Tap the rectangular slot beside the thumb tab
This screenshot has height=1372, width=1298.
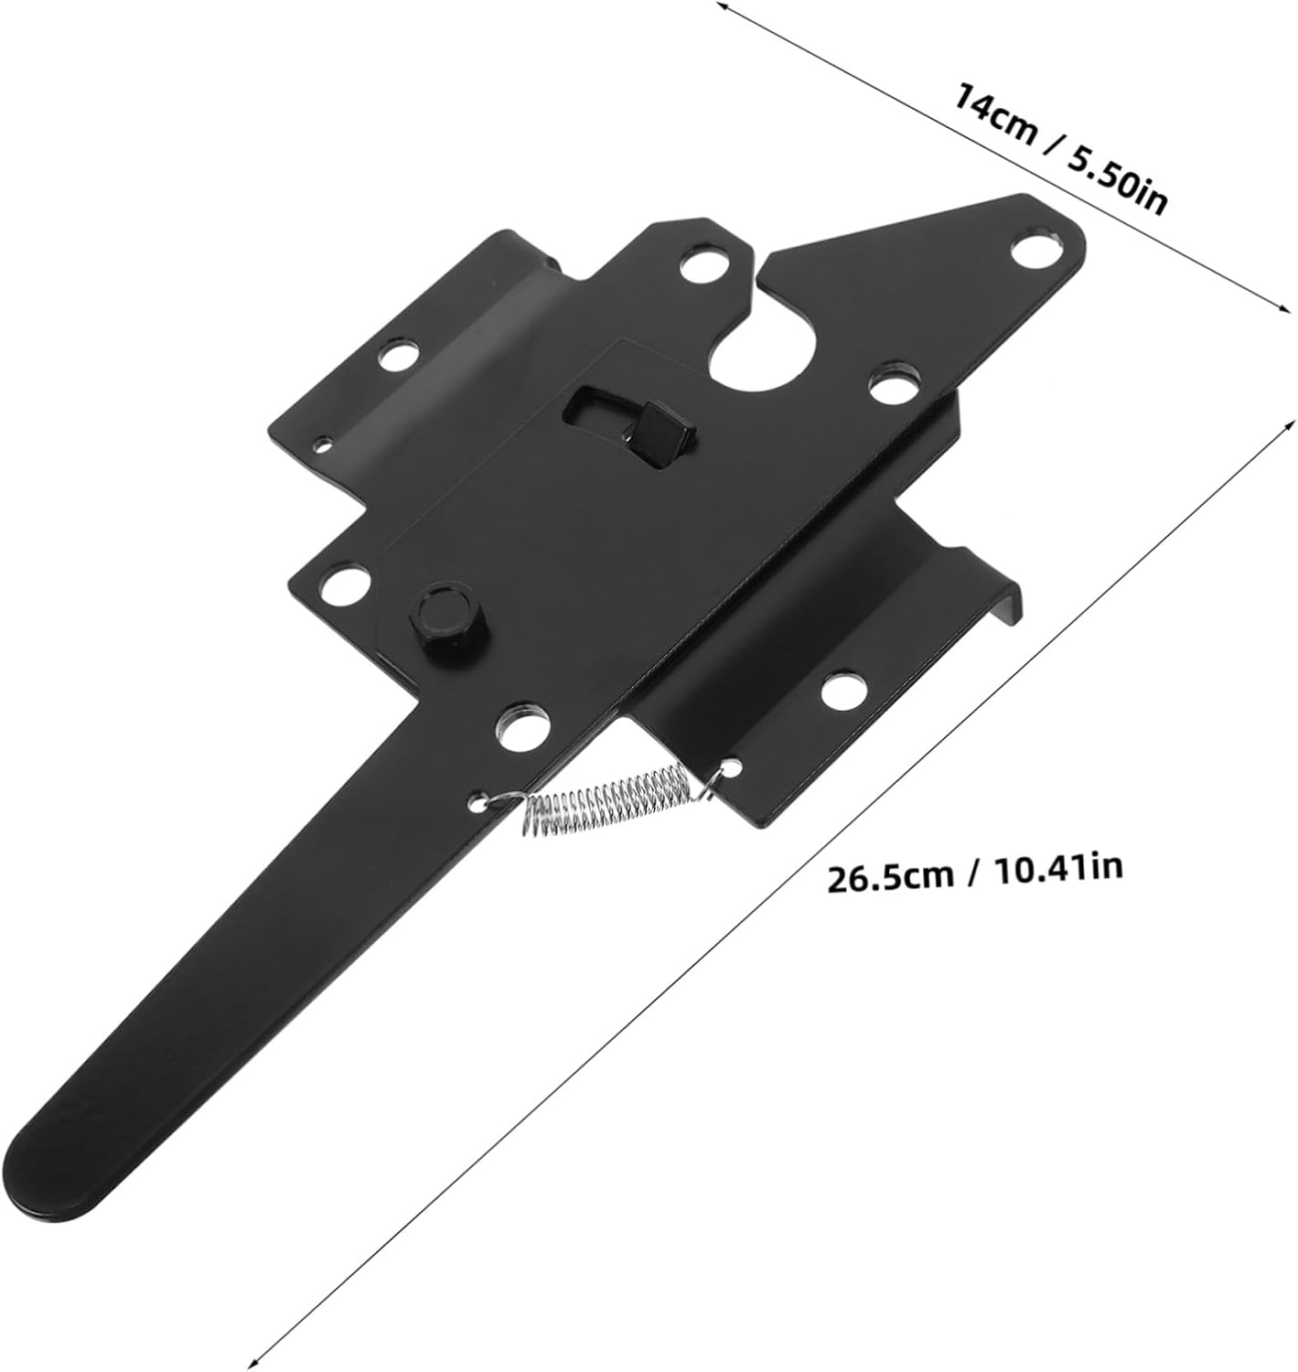tap(593, 403)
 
